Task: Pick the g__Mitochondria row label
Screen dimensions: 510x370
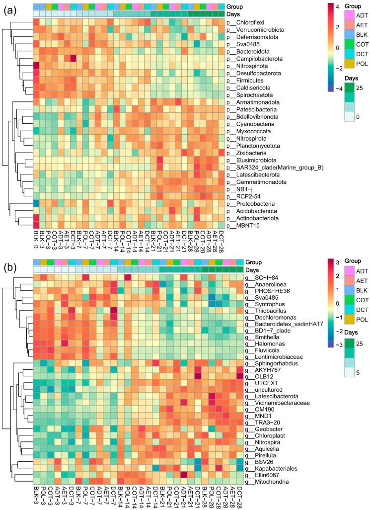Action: click(x=268, y=482)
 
